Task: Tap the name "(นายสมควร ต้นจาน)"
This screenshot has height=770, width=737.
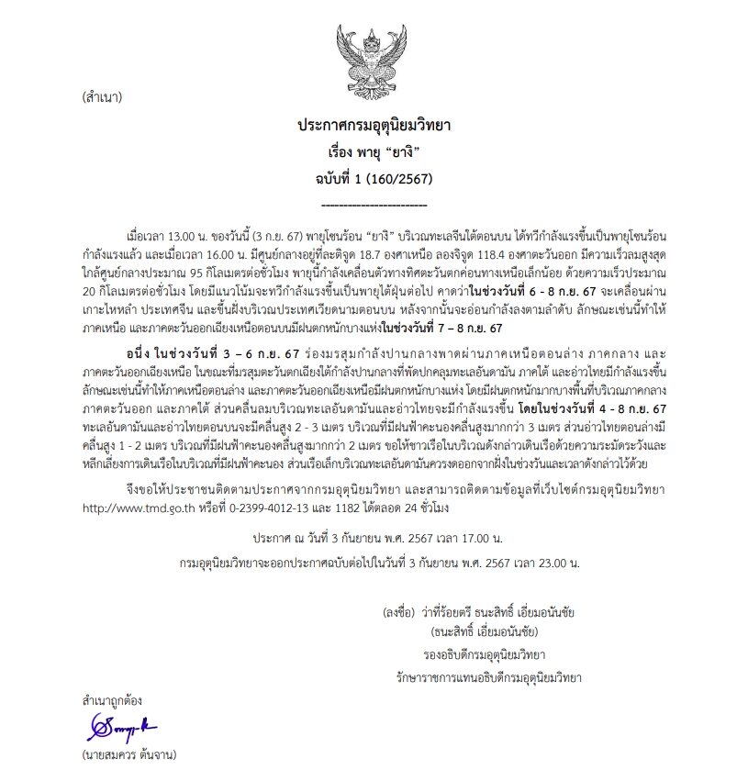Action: (x=128, y=757)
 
